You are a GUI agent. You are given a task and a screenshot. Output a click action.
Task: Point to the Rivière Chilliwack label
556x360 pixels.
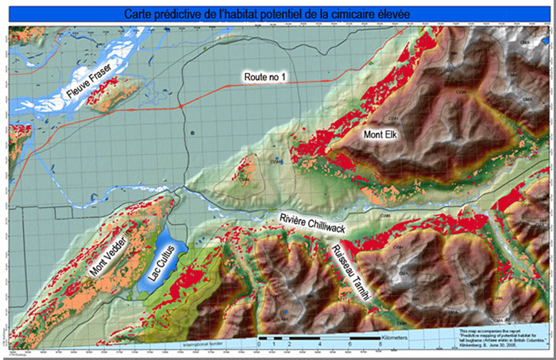[320, 224]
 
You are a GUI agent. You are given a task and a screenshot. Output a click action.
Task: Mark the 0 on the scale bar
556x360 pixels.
[259, 344]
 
